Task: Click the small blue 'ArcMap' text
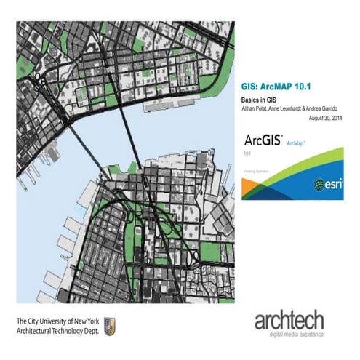pos(295,143)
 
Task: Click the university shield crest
pos(111,325)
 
